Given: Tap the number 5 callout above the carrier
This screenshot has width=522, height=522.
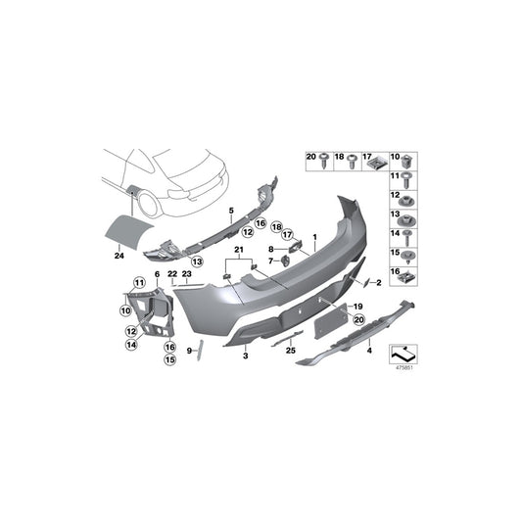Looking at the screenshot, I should coord(232,210).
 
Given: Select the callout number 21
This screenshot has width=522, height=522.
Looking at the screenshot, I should coord(237,251).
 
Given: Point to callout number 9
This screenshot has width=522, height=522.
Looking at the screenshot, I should coord(190,349).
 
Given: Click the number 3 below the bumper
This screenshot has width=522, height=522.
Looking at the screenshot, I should coord(246,359).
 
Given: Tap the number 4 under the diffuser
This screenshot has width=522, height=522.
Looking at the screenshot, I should coord(368,349).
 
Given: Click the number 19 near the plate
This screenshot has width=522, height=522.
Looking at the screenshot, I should coord(358,307).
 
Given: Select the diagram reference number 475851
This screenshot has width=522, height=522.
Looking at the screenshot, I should coord(403,367).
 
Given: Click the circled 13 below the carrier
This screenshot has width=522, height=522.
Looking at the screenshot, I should coord(196,261).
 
